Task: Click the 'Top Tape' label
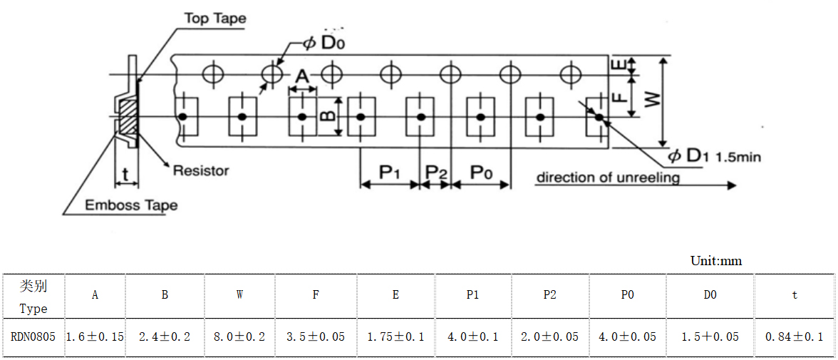215,19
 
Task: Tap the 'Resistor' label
201,170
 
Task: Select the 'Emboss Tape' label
131,205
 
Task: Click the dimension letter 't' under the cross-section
125,173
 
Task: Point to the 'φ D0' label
324,42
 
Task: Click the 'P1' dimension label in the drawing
390,172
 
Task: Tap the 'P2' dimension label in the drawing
435,172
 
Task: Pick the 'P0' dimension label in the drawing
482,172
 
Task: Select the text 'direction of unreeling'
607,177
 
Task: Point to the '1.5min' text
738,157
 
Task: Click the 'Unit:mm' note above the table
715,261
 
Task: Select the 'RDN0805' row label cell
33,336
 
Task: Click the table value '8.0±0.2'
239,336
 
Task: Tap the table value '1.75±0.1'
395,336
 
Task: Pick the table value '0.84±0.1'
794,336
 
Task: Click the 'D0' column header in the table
710,295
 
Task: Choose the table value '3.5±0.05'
316,336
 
